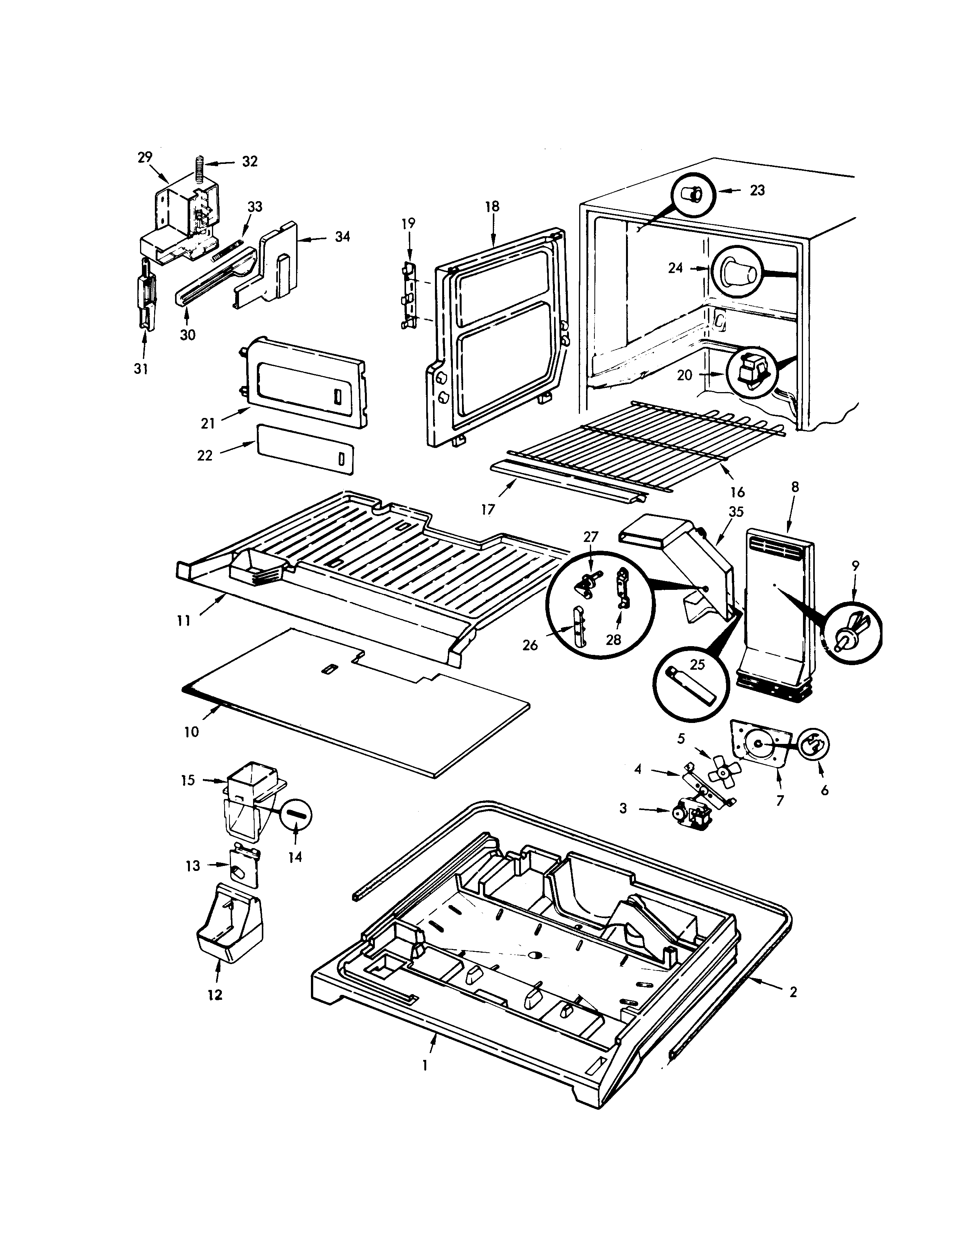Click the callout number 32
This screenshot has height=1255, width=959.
[x=250, y=161]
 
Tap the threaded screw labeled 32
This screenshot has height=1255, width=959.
[x=200, y=166]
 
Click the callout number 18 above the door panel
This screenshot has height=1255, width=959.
[x=492, y=207]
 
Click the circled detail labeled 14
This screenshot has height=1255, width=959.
[x=296, y=815]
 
